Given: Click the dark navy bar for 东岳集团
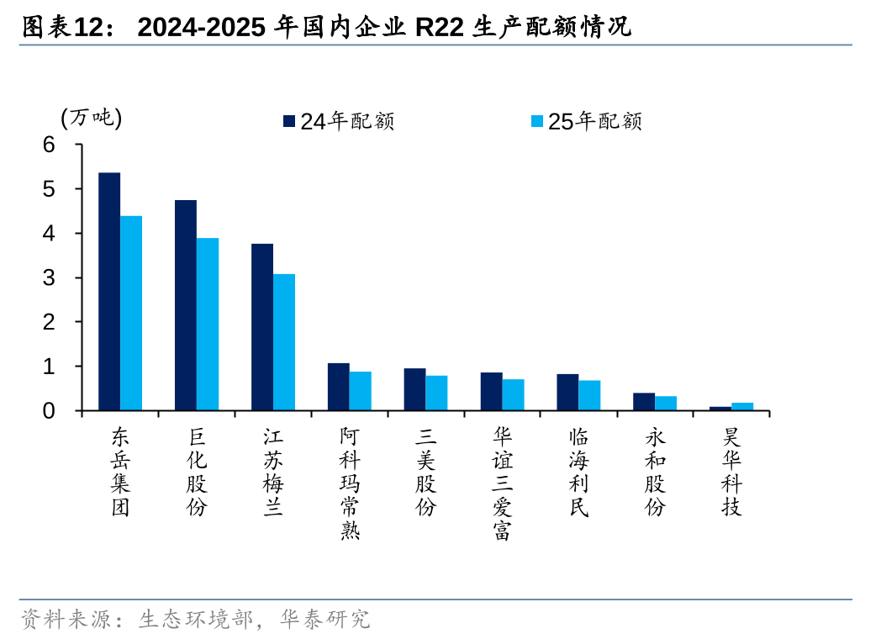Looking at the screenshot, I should pyautogui.click(x=109, y=292).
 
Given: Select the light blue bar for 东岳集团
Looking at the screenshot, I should pyautogui.click(x=131, y=314).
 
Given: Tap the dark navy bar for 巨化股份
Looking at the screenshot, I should pyautogui.click(x=186, y=305).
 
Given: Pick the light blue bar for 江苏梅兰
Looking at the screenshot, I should pyautogui.click(x=284, y=342).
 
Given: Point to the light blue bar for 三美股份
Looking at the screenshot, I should pyautogui.click(x=436, y=393).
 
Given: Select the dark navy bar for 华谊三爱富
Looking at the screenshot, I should pyautogui.click(x=491, y=392).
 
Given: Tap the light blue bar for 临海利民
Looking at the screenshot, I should pyautogui.click(x=589, y=395).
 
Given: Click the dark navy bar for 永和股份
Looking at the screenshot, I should pyautogui.click(x=644, y=402).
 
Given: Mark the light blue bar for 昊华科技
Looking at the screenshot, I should pyautogui.click(x=742, y=407).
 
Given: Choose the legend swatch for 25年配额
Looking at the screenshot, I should pyautogui.click(x=537, y=121).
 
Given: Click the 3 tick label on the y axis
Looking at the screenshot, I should pyautogui.click(x=50, y=278).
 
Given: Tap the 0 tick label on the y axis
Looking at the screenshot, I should pyautogui.click(x=50, y=411).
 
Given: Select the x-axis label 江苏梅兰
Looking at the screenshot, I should pyautogui.click(x=273, y=472).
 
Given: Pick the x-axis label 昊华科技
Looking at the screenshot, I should pyautogui.click(x=732, y=472).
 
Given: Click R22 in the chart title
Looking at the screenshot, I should pyautogui.click(x=440, y=28).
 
